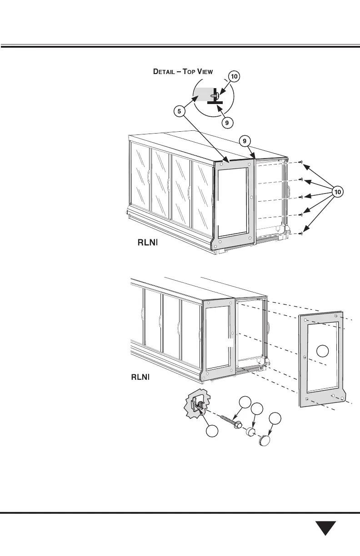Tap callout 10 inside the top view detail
coord(234,77)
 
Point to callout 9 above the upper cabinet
coord(245,141)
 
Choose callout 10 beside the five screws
coord(337,192)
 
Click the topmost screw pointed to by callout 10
coord(302,162)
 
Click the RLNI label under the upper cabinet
coord(147,243)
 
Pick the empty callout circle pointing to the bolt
coord(245,402)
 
